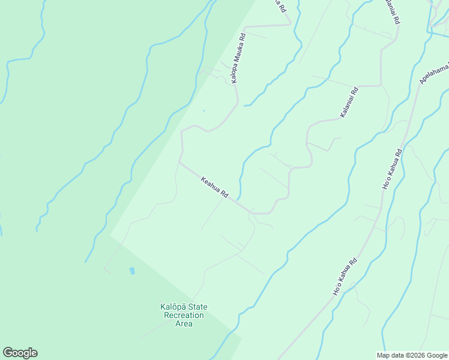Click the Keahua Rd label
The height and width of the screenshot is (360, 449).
pyautogui.click(x=215, y=187)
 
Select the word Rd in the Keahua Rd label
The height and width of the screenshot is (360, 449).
pyautogui.click(x=224, y=194)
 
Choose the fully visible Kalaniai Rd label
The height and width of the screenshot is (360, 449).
pyautogui.click(x=349, y=102)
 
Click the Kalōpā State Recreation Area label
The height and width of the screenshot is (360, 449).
pyautogui.click(x=184, y=315)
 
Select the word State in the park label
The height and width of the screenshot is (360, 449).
pyautogui.click(x=195, y=307)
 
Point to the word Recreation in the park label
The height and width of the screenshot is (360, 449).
pyautogui.click(x=184, y=316)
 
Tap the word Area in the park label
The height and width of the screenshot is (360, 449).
pyautogui.click(x=184, y=324)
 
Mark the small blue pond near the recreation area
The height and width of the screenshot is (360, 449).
pyautogui.click(x=132, y=271)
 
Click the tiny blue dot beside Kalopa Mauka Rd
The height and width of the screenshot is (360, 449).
pyautogui.click(x=203, y=110)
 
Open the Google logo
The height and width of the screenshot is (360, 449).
pyautogui.click(x=20, y=353)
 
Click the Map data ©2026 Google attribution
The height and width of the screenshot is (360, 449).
pyautogui.click(x=411, y=355)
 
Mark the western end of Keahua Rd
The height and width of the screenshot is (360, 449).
pyautogui.click(x=179, y=161)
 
